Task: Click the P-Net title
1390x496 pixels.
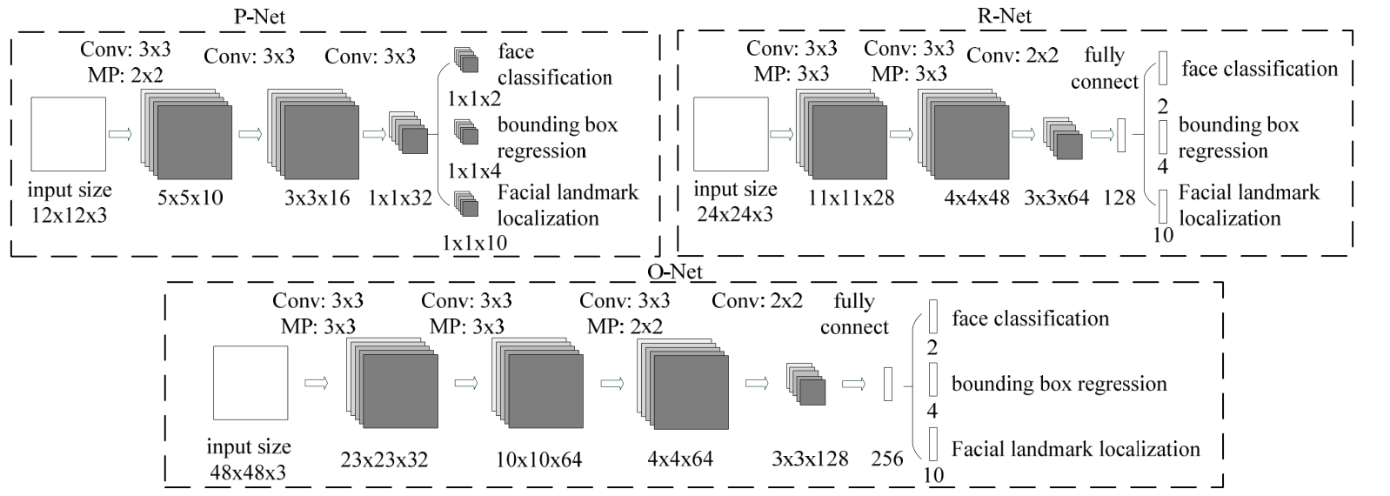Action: pyautogui.click(x=259, y=17)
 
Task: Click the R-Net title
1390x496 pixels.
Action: pyautogui.click(x=1005, y=15)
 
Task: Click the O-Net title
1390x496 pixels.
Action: pyautogui.click(x=675, y=271)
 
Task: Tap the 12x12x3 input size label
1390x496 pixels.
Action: pyautogui.click(x=70, y=215)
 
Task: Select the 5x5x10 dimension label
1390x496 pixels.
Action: pyautogui.click(x=190, y=198)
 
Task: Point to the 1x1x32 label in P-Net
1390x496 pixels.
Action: pyautogui.click(x=399, y=198)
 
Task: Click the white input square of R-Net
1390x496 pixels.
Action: pyautogui.click(x=731, y=133)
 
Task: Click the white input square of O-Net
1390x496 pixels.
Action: pyautogui.click(x=251, y=382)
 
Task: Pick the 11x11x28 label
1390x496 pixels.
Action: pyautogui.click(x=851, y=198)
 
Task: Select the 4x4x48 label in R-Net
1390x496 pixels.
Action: pyautogui.click(x=977, y=198)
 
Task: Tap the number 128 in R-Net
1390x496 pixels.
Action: pyautogui.click(x=1119, y=198)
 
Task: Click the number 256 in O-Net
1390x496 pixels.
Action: pyautogui.click(x=886, y=458)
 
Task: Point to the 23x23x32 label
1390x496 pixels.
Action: pyautogui.click(x=384, y=459)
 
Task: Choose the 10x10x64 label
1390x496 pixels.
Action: pyautogui.click(x=538, y=459)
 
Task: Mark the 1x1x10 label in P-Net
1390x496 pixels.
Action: pyautogui.click(x=475, y=242)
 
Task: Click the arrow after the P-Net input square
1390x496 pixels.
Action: pyautogui.click(x=120, y=134)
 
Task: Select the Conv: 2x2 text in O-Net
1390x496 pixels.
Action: pyautogui.click(x=757, y=300)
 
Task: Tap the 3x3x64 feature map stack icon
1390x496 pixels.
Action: pyautogui.click(x=1062, y=138)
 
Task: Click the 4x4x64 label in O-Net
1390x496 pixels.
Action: pyautogui.click(x=680, y=459)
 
